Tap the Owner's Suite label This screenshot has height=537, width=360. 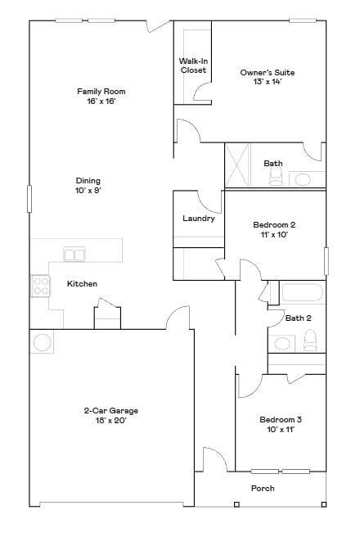(x=267, y=78)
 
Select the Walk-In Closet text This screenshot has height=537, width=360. (x=193, y=65)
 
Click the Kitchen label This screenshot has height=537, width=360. (x=82, y=284)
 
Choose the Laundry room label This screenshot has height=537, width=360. (x=199, y=219)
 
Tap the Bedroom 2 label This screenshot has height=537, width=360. (x=274, y=229)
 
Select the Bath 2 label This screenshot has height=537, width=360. (x=298, y=318)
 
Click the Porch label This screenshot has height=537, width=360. (x=263, y=489)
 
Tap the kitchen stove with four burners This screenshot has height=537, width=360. (x=40, y=286)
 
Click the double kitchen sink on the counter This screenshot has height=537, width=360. (x=74, y=255)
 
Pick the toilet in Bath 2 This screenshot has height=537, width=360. (x=310, y=337)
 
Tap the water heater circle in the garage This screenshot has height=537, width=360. (x=41, y=341)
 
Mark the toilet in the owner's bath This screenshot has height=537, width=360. (x=276, y=178)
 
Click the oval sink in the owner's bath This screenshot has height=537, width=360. (x=303, y=178)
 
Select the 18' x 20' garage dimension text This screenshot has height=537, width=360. (x=110, y=421)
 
